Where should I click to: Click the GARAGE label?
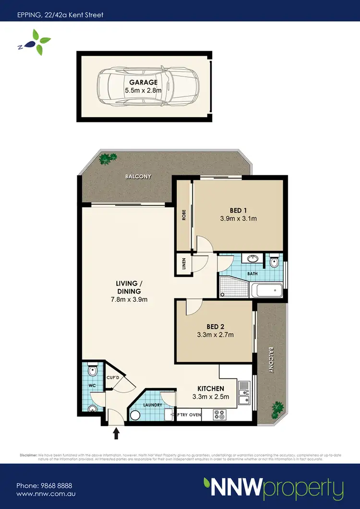pyautogui.click(x=140, y=82)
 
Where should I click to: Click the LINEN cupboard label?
pyautogui.click(x=183, y=263)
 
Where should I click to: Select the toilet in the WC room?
pyautogui.click(x=93, y=371)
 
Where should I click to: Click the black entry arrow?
pyautogui.click(x=116, y=433)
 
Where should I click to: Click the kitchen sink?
pyautogui.click(x=245, y=391)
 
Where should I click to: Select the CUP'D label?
pyautogui.click(x=113, y=377)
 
